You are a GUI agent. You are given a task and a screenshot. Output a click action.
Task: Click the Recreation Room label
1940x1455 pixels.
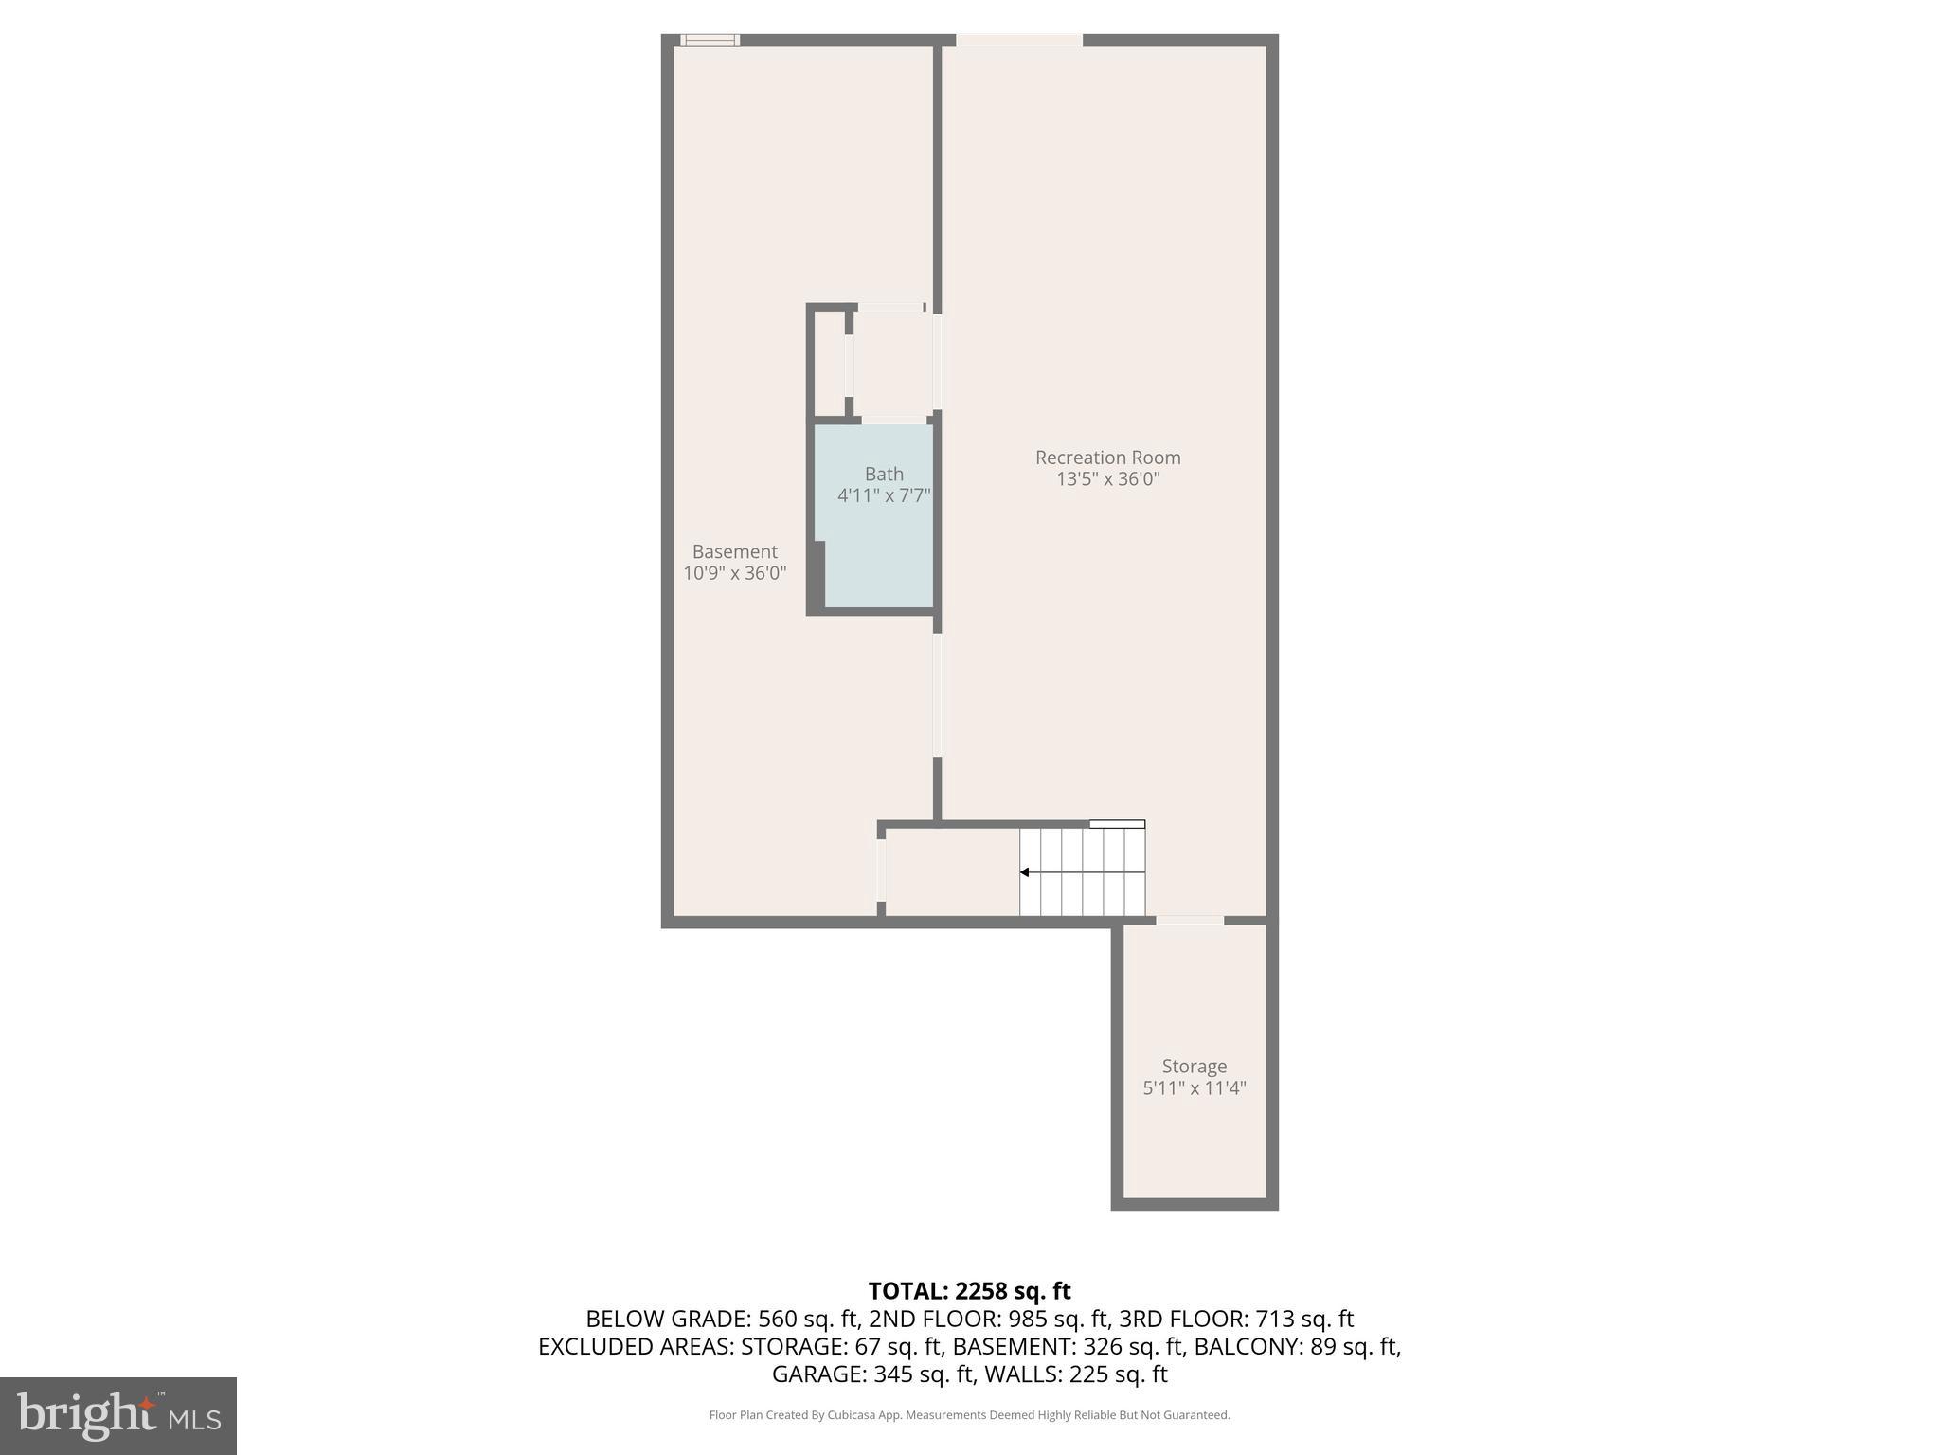pyautogui.click(x=1107, y=458)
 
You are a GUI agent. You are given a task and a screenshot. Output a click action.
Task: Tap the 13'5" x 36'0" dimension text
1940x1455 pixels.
pyautogui.click(x=1107, y=479)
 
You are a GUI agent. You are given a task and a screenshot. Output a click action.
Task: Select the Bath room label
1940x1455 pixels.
pyautogui.click(x=883, y=474)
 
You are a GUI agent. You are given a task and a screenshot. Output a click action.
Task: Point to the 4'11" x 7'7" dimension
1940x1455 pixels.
pyautogui.click(x=883, y=495)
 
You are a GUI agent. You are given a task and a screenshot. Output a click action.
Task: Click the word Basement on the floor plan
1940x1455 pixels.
pyautogui.click(x=734, y=551)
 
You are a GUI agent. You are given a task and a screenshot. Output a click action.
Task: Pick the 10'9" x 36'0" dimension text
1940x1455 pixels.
pyautogui.click(x=734, y=573)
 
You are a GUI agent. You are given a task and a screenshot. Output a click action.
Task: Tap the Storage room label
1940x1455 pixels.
pyautogui.click(x=1194, y=1066)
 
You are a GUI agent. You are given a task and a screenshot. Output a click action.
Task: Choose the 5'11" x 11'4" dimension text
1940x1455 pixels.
pyautogui.click(x=1194, y=1087)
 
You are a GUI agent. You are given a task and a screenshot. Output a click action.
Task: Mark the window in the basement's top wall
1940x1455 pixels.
pyautogui.click(x=710, y=40)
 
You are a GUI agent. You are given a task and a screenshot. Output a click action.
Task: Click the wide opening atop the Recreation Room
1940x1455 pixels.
pyautogui.click(x=1018, y=40)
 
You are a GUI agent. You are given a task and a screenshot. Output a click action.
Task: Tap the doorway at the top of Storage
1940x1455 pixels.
pyautogui.click(x=1189, y=920)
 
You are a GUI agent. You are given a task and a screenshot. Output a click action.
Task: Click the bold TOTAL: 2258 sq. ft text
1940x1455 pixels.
pyautogui.click(x=969, y=1291)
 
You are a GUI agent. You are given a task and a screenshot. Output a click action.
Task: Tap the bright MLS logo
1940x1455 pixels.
pyautogui.click(x=118, y=1415)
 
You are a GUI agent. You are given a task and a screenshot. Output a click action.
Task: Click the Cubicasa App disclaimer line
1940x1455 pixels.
pyautogui.click(x=969, y=1415)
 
